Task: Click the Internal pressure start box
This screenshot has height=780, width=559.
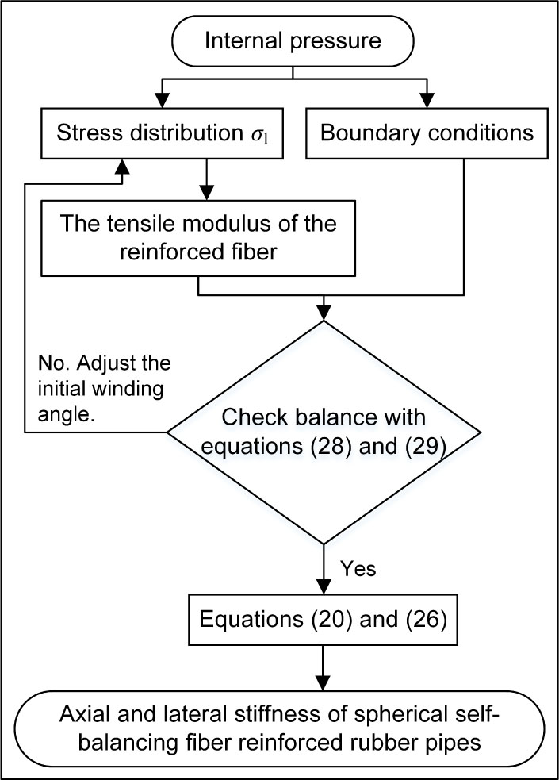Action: [x=293, y=37]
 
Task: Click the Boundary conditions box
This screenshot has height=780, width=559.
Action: [x=427, y=133]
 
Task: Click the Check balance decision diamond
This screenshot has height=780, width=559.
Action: [x=324, y=432]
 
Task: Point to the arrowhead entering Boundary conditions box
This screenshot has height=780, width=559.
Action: [x=427, y=102]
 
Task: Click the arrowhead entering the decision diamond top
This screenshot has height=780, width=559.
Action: [x=324, y=313]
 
